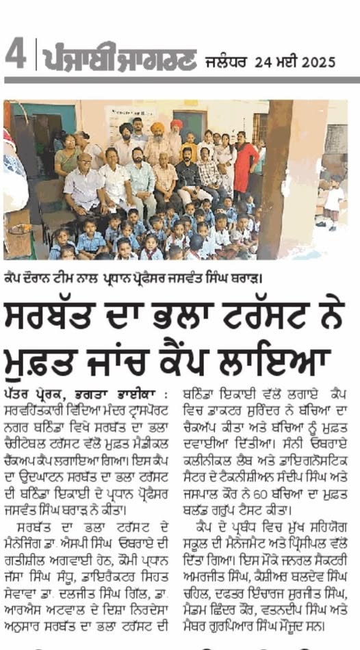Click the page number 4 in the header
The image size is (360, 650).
[x=15, y=53]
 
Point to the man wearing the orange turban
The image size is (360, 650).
[x=158, y=138]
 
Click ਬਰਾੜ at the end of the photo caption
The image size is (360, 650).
[x=241, y=276]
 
